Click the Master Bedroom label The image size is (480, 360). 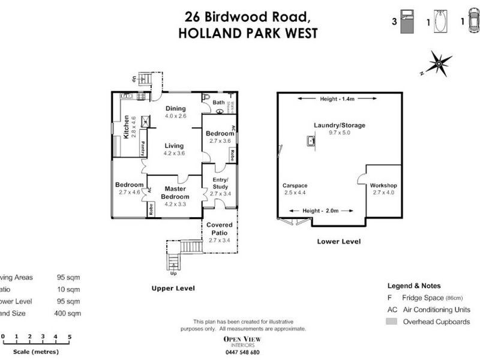tap(176, 193)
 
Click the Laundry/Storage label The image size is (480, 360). tap(339, 128)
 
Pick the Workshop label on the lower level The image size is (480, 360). tap(383, 188)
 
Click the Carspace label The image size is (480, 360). tap(295, 188)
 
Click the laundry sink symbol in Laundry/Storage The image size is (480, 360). tap(310, 141)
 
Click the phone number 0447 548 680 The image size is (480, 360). tap(242, 352)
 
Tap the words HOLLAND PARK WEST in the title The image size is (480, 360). tap(248, 32)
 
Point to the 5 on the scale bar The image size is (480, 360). tap(70, 337)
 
